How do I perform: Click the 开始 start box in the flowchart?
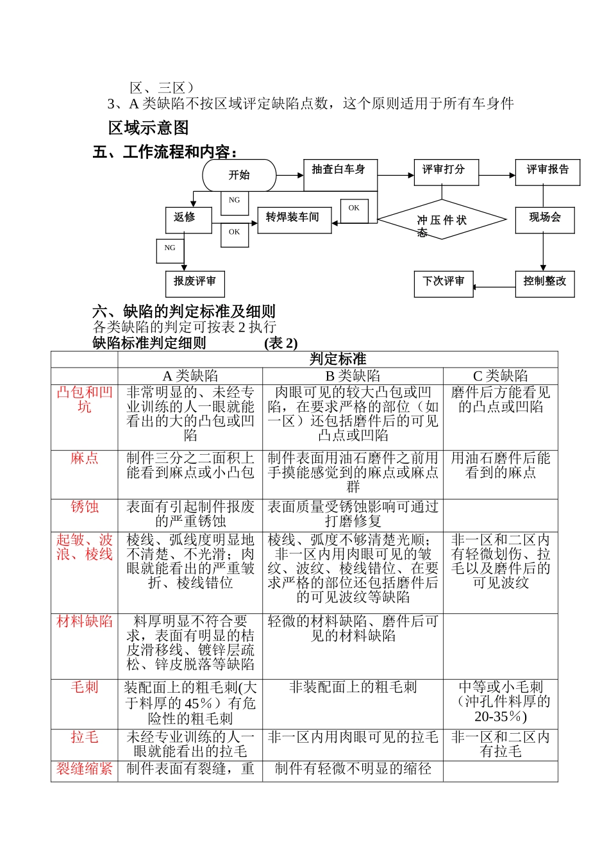(x=239, y=175)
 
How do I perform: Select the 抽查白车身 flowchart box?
(x=340, y=174)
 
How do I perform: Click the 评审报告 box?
(x=547, y=172)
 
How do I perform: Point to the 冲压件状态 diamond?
(x=442, y=220)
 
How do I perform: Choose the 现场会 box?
(x=545, y=219)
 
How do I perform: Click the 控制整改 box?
(x=545, y=283)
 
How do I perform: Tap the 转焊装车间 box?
(x=294, y=219)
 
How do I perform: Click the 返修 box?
(x=188, y=219)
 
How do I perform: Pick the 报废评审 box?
(x=195, y=283)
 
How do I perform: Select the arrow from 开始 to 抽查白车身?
(x=290, y=175)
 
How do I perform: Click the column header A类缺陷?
(x=190, y=376)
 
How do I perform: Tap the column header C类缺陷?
(x=500, y=376)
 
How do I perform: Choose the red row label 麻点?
(x=85, y=458)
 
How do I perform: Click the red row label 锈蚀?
(x=85, y=507)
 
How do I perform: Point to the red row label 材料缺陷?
(x=85, y=621)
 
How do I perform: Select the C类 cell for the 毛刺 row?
(x=500, y=702)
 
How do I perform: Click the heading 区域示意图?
(x=149, y=128)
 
